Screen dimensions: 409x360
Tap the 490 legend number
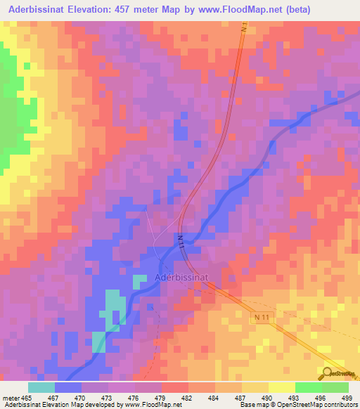coord(268,397)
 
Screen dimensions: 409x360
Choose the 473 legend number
coord(108,397)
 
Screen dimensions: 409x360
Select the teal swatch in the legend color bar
coord(41,387)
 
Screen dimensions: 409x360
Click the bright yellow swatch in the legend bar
coord(281,387)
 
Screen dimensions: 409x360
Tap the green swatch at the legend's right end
coord(335,387)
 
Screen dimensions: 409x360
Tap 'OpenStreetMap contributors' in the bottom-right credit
coord(321,405)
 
